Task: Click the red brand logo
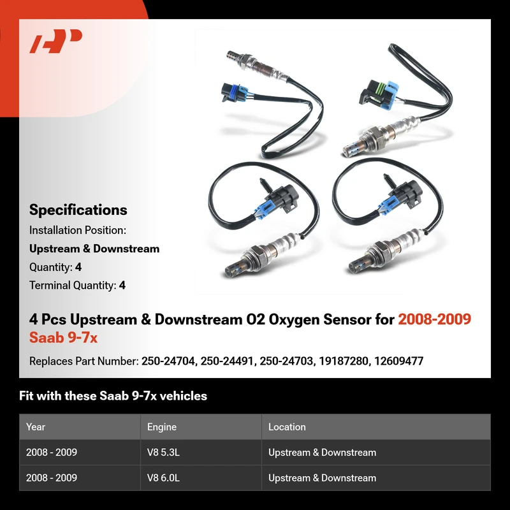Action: (x=56, y=41)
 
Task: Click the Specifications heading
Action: (x=78, y=210)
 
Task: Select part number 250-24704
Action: (x=168, y=361)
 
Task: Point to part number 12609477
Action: (x=399, y=361)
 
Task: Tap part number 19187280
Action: (x=344, y=361)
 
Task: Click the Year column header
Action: (x=36, y=426)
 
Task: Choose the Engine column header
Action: (x=162, y=426)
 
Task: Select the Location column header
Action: (x=287, y=426)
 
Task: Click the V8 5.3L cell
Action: (x=163, y=453)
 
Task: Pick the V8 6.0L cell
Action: (x=163, y=477)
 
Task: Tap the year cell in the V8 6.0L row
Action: (x=52, y=477)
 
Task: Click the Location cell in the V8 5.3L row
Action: (x=322, y=453)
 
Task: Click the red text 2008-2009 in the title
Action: (x=435, y=319)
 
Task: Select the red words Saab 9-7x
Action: (x=63, y=337)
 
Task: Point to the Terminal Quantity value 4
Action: (x=122, y=285)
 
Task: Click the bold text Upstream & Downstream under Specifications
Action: (x=94, y=249)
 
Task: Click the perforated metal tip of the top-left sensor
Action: (x=233, y=55)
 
